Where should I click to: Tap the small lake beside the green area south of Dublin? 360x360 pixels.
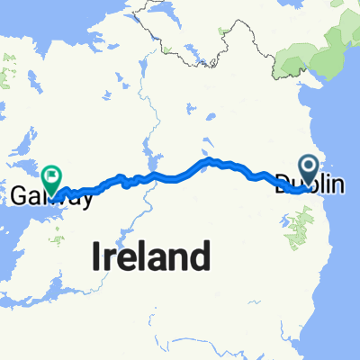point(288,217)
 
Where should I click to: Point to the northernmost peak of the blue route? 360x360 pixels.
point(208,160)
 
